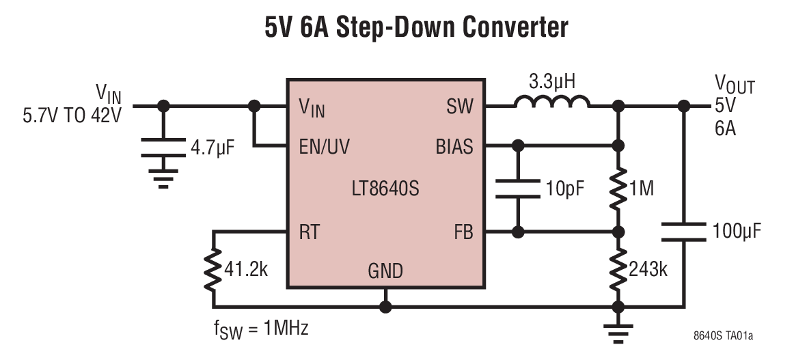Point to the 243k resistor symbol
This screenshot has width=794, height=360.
pos(618,269)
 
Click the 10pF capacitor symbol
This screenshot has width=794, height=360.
pos(518,189)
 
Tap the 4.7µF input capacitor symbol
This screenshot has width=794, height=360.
pos(163,148)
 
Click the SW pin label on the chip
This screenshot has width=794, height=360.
pos(459,107)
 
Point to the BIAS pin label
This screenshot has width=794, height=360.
pos(453,146)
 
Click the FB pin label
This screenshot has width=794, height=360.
pos(463,232)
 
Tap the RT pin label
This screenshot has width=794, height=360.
pos(309,232)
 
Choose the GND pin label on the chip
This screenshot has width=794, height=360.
pos(385,272)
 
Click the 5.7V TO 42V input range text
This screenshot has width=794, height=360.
pos(72,115)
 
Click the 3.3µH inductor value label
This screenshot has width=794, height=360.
pos(552,83)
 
